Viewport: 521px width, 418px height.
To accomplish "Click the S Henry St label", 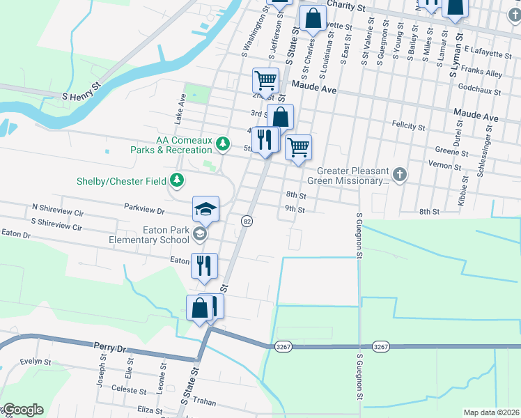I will (x=82, y=92).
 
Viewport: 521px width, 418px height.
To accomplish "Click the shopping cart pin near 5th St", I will (x=298, y=147).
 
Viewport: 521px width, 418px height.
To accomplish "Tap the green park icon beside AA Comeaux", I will (x=222, y=144).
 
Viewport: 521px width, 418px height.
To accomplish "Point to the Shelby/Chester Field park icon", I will (x=177, y=181).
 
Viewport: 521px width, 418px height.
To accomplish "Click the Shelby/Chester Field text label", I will (x=121, y=182).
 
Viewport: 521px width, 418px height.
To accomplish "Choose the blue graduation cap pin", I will (x=206, y=208).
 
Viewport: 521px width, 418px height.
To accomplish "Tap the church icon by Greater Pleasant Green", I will (x=399, y=174).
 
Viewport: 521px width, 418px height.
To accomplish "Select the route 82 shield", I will (x=247, y=221).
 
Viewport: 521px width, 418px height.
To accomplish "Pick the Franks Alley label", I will (x=485, y=72).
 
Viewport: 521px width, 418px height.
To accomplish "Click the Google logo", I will (x=22, y=410).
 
